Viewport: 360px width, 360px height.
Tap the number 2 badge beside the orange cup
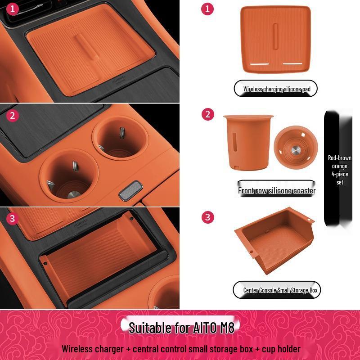tap(207, 114)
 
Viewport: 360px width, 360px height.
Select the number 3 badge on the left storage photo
tap(13, 219)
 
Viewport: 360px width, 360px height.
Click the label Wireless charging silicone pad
tap(277, 89)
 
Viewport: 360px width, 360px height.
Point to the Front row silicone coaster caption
tap(277, 190)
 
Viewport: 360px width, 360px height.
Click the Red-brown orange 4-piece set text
tap(339, 170)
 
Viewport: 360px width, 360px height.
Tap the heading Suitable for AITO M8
tap(182, 327)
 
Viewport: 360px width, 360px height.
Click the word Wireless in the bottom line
tap(77, 349)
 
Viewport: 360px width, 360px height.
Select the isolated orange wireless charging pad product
tap(276, 40)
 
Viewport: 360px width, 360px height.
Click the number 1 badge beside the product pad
tap(207, 8)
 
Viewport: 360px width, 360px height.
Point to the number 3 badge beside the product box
tap(207, 217)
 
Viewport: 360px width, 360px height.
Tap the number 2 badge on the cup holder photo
tap(13, 115)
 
